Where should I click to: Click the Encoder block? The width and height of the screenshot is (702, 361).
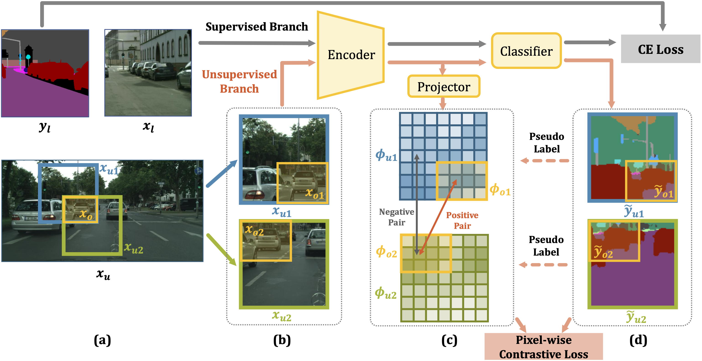[351, 55]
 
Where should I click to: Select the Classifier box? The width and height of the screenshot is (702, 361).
[526, 51]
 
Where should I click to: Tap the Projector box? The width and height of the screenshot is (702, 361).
[444, 87]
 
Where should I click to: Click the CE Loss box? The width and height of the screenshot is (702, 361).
[660, 49]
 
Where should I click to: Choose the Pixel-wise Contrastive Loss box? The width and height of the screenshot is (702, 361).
[543, 347]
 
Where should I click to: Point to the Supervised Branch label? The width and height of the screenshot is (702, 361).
[257, 27]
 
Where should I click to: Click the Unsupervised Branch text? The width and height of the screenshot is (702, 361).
[239, 81]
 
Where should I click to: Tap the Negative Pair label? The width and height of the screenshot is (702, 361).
[396, 217]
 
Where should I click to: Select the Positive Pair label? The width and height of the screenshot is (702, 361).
[462, 220]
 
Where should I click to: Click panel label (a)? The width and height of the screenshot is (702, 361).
[102, 340]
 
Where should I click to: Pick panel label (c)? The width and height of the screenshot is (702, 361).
[449, 340]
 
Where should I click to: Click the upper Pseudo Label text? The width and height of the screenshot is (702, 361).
[547, 142]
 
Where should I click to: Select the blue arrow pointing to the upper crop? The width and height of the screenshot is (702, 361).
[221, 174]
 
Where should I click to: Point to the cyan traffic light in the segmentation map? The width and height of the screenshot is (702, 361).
[28, 57]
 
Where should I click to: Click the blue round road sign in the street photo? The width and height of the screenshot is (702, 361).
[198, 171]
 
